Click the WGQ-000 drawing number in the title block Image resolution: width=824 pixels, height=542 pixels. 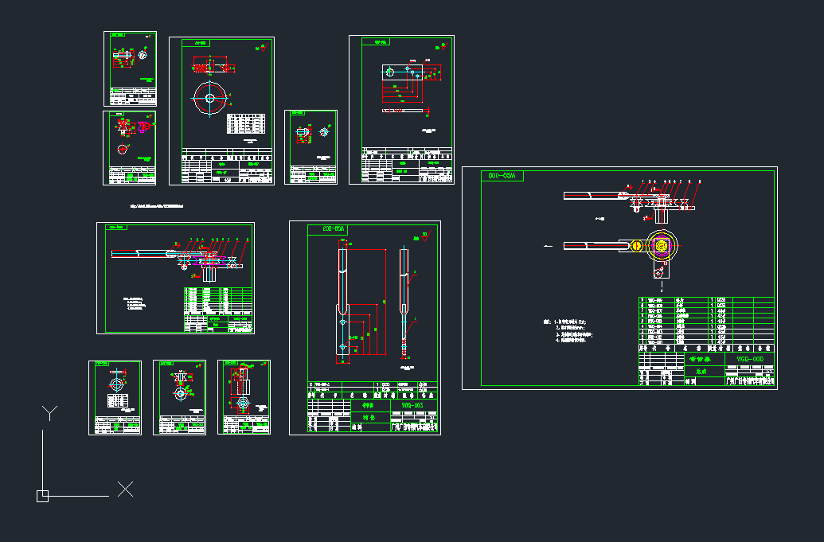pos(748,359)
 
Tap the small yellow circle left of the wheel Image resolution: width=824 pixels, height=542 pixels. pos(635,245)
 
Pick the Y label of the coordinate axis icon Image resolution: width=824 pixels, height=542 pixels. pos(50,412)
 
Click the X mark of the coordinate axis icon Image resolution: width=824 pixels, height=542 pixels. pos(125,489)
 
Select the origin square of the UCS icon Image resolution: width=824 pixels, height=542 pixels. pos(42,496)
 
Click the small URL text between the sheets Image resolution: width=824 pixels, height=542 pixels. pos(157,206)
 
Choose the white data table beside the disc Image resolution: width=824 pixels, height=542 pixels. pos(246,123)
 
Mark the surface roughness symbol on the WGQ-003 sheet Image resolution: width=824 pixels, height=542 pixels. pos(425,236)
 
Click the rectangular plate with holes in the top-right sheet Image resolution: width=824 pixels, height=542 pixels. pos(409,72)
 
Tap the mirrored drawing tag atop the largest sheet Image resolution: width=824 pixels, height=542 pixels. pos(502,176)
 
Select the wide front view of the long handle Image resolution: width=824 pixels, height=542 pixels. pos(343,302)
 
